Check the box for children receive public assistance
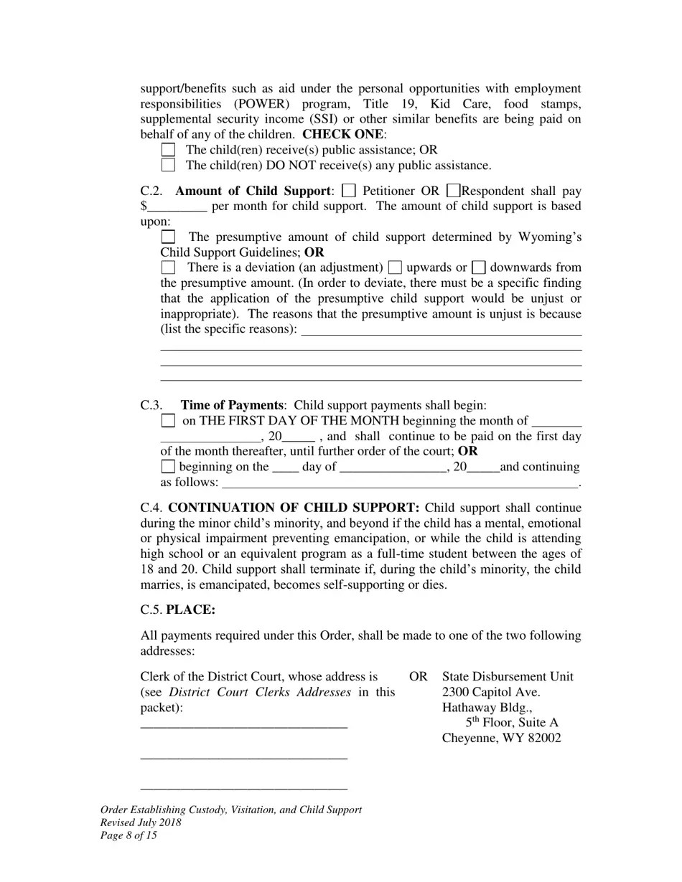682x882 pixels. click(x=168, y=150)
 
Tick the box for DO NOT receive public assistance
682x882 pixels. click(x=168, y=166)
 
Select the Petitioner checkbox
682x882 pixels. click(x=349, y=191)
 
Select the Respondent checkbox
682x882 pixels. click(x=453, y=191)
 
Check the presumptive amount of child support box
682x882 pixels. click(x=168, y=237)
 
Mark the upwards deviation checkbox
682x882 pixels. click(x=394, y=267)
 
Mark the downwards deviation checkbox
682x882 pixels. click(x=480, y=267)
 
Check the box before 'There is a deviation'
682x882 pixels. click(x=168, y=267)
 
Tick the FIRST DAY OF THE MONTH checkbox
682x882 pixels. click(x=168, y=421)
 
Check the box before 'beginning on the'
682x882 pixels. click(x=168, y=467)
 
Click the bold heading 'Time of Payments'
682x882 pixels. click(x=232, y=405)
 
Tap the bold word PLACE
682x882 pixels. click(x=190, y=610)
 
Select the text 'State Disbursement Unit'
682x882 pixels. click(x=508, y=676)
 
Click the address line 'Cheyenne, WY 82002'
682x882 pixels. click(x=501, y=739)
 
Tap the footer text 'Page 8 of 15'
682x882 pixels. click(x=129, y=835)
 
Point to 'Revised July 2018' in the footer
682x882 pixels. click(x=141, y=822)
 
